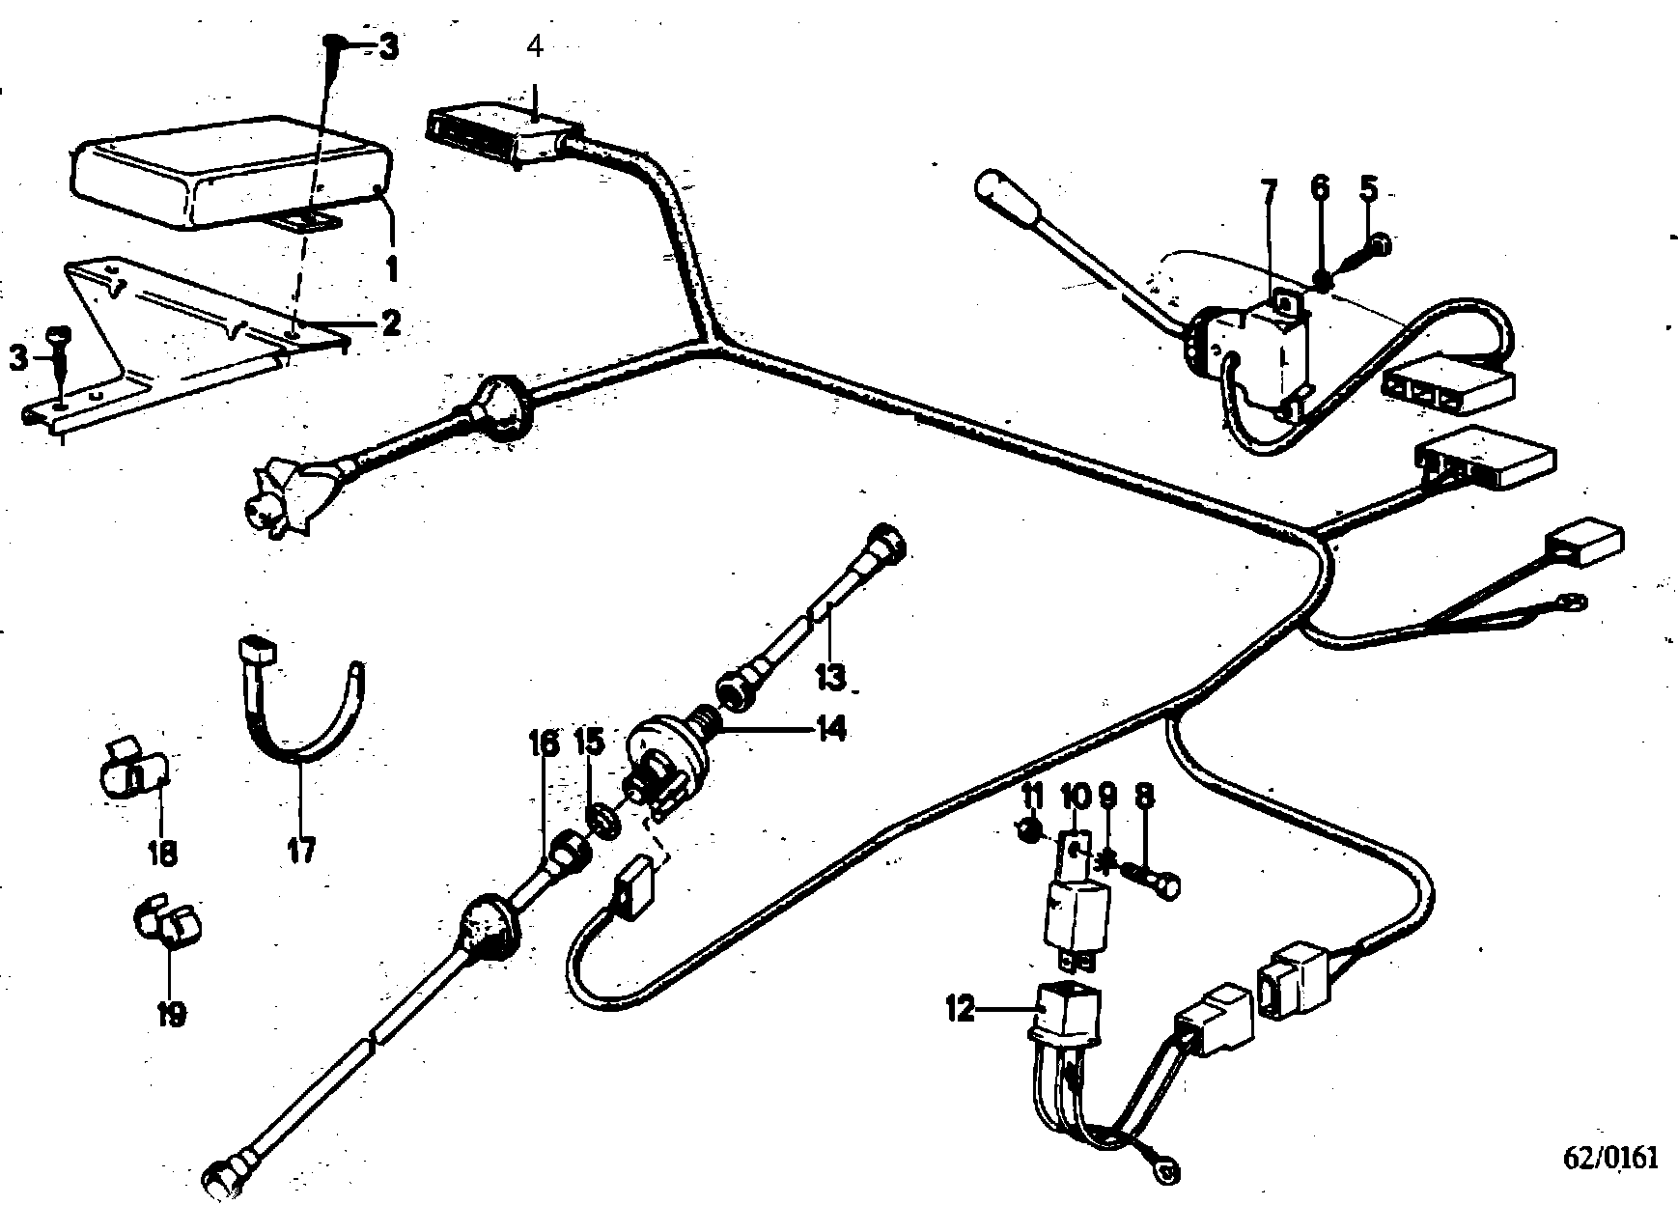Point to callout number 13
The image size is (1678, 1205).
[x=829, y=676]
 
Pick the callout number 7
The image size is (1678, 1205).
[x=1268, y=190]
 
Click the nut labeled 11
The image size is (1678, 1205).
[x=1030, y=827]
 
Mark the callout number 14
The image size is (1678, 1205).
[x=829, y=729]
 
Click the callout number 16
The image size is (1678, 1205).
[x=543, y=743]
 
